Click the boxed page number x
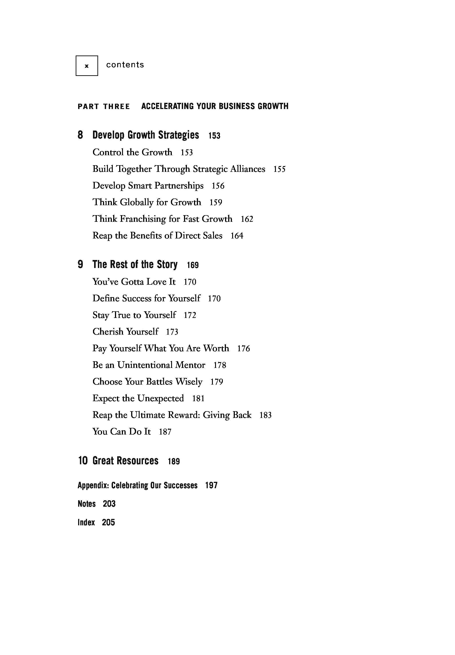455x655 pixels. pos(87,66)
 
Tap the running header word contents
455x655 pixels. pos(125,65)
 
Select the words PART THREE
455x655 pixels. pos(103,107)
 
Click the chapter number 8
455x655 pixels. pos(80,135)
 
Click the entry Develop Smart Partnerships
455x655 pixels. pos(148,186)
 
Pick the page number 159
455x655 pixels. pos(216,202)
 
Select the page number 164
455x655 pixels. pos(237,236)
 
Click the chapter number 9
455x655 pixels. pos(80,265)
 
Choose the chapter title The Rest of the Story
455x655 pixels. pos(135,265)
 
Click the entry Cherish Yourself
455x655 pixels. pos(125,332)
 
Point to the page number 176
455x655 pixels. pos(243,348)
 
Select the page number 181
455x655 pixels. pos(198,398)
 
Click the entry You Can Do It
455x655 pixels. pos(121,432)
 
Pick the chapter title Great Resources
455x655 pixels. pos(125,461)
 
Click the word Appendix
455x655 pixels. pos(93,486)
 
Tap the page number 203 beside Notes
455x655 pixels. pos(109,504)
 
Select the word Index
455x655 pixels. pos(86,522)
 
